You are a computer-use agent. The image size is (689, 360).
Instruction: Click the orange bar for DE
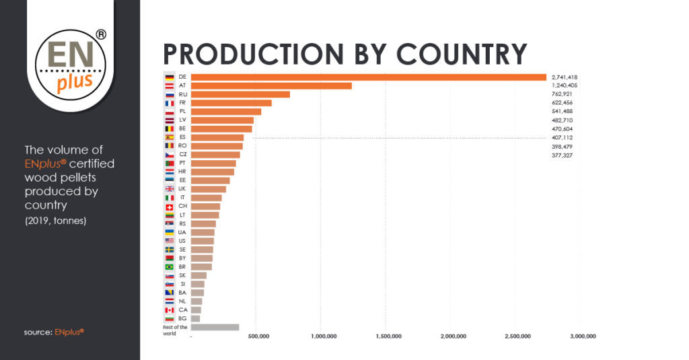tap(369, 77)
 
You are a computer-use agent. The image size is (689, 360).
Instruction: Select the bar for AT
tap(271, 86)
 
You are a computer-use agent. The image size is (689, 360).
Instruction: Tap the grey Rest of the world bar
tap(215, 328)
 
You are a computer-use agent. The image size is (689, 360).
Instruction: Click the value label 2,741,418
tap(564, 77)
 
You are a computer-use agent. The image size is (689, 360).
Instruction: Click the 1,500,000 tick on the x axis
tap(388, 336)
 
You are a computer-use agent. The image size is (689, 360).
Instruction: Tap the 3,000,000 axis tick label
tap(582, 336)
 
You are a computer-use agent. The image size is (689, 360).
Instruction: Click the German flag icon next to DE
tap(170, 77)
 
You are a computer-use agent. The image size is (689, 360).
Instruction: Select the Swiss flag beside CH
tap(170, 207)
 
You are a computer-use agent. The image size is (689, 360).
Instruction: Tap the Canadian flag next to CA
tap(170, 310)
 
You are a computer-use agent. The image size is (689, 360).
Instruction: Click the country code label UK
tap(182, 189)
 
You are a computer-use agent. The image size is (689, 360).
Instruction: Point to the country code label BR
tap(182, 267)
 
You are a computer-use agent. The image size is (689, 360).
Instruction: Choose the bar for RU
tap(240, 95)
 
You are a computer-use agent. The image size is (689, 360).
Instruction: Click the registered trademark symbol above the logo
tap(100, 34)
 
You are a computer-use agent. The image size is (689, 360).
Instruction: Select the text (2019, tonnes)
tap(55, 221)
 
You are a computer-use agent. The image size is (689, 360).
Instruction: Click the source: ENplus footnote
tap(54, 331)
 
